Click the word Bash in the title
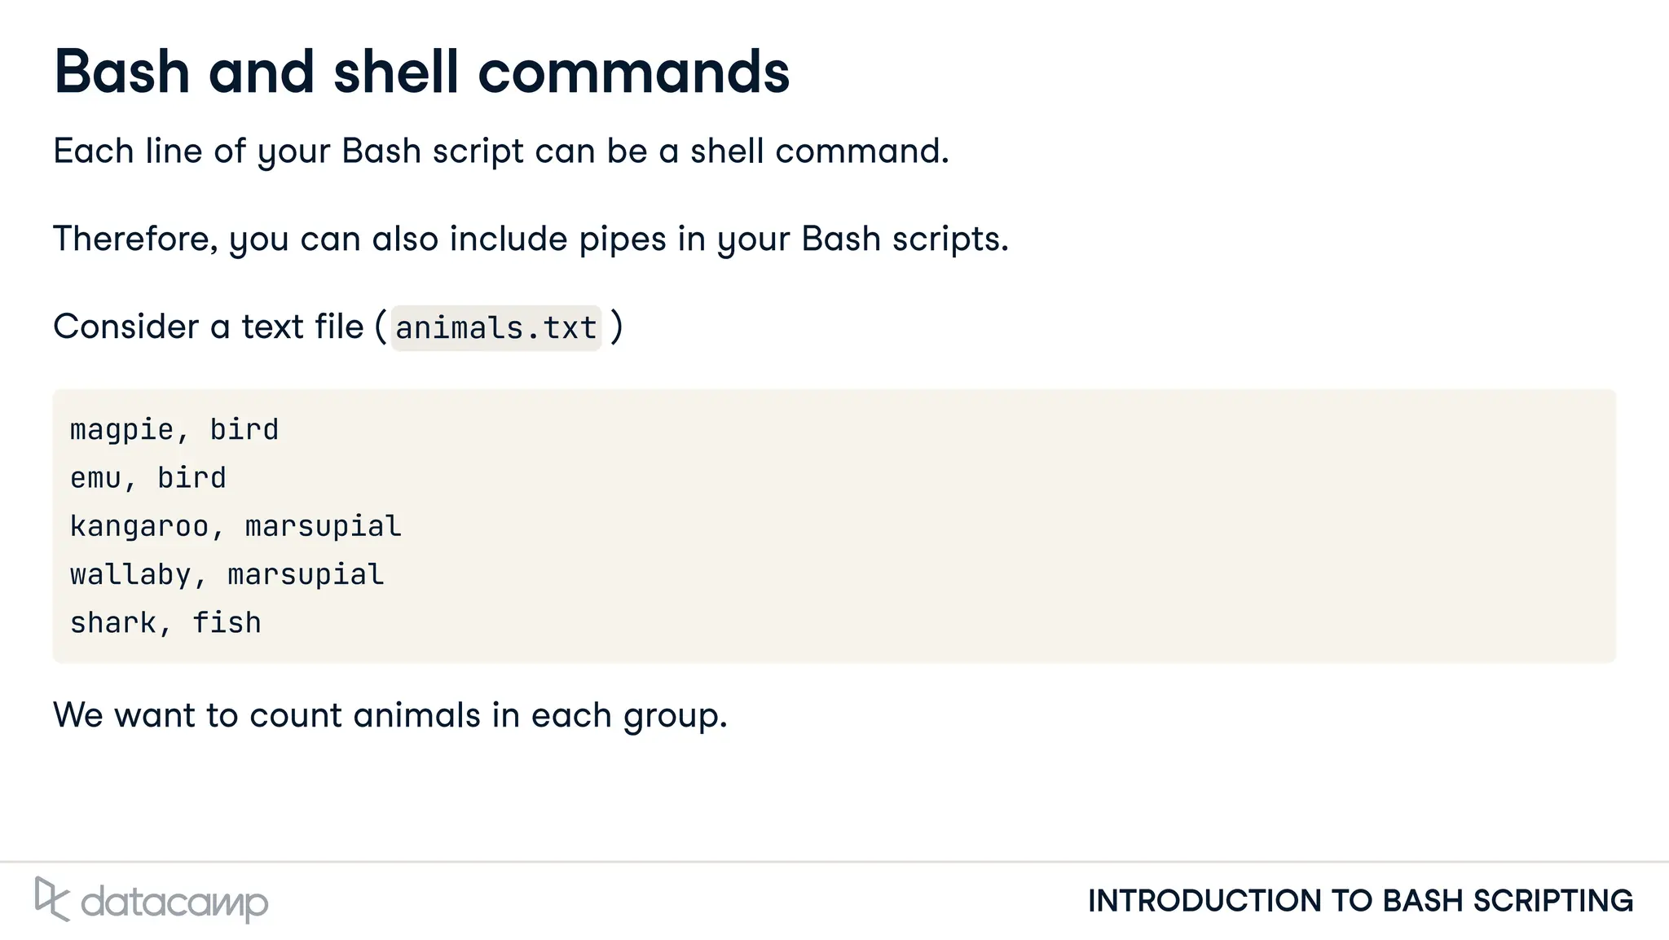(122, 72)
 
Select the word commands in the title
(633, 72)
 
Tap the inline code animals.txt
(495, 328)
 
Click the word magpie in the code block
(122, 430)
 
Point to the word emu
(96, 478)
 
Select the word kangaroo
(139, 527)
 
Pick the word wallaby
(130, 575)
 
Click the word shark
(113, 623)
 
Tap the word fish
(227, 623)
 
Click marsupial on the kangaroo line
(323, 527)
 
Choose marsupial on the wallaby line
(306, 575)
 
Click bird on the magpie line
(244, 430)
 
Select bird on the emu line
(192, 478)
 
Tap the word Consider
(126, 327)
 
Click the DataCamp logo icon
(51, 899)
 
